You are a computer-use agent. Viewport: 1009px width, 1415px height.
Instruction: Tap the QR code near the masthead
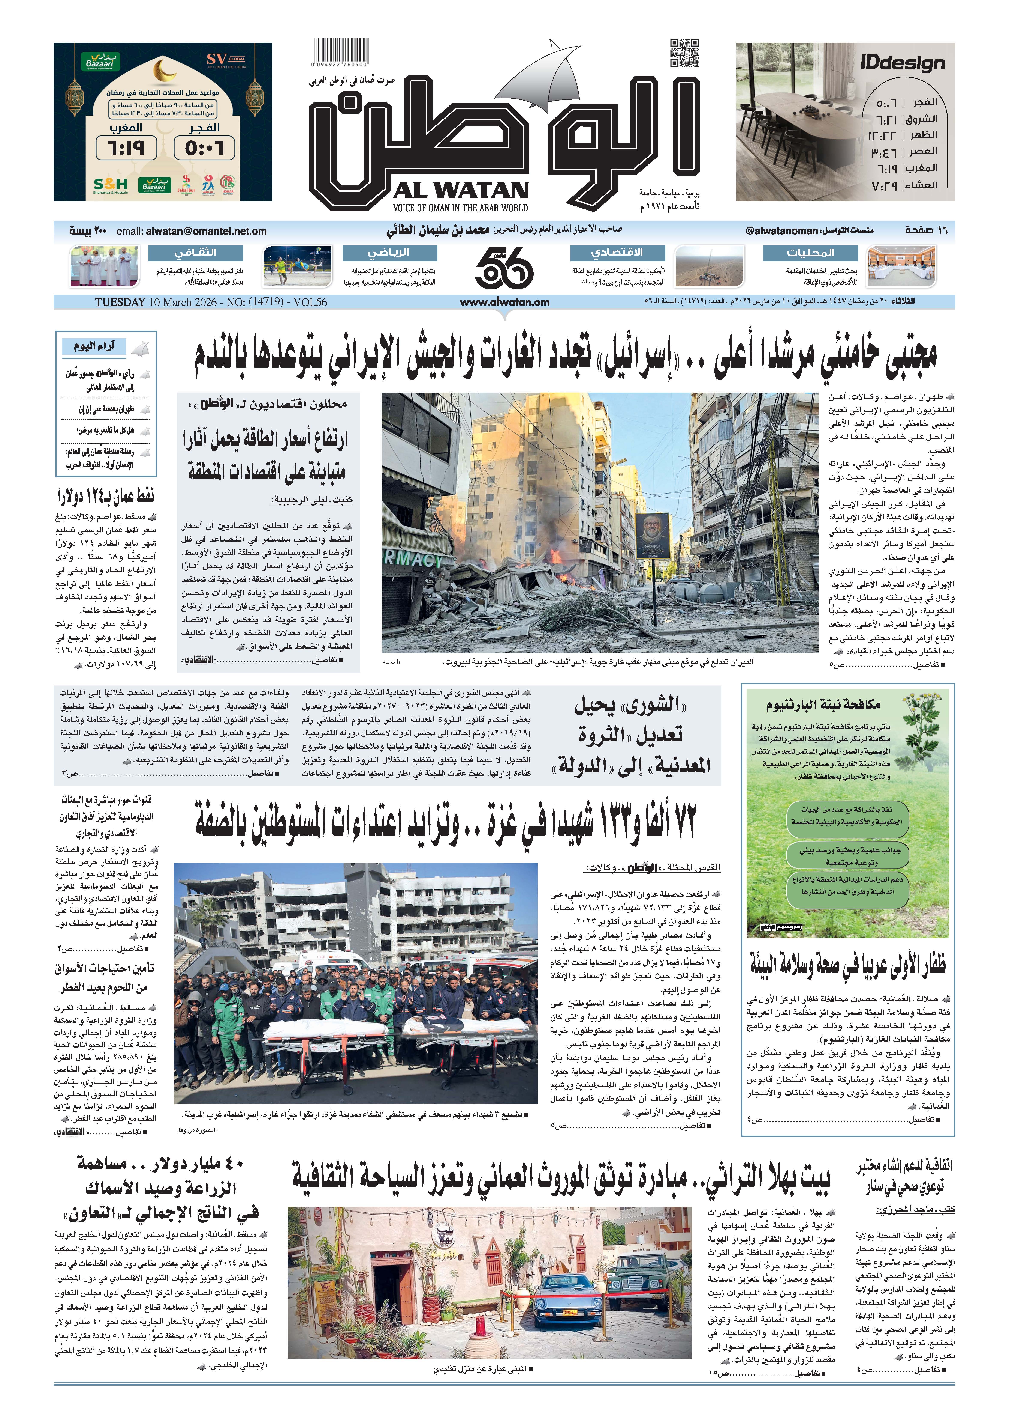click(685, 53)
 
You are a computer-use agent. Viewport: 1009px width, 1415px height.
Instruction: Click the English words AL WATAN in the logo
click(460, 190)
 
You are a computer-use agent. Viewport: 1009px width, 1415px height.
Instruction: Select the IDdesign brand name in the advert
click(902, 63)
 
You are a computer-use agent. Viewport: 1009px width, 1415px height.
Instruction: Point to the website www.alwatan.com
click(504, 302)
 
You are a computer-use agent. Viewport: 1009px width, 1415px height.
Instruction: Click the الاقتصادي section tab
click(617, 252)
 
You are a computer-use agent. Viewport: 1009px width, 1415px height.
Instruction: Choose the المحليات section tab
click(810, 252)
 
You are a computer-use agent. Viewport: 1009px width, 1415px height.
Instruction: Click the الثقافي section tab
click(195, 252)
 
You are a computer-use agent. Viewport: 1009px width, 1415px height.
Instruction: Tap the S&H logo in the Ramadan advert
click(110, 185)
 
